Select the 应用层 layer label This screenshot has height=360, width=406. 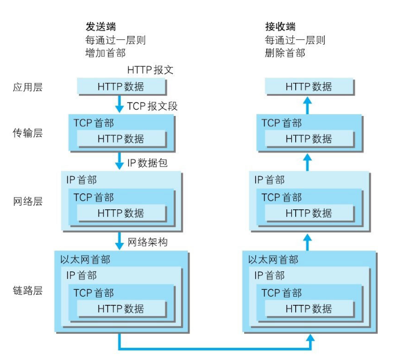click(x=28, y=87)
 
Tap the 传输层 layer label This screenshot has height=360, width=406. click(x=28, y=133)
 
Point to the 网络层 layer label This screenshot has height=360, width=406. click(x=28, y=202)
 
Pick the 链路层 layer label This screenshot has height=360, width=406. click(x=28, y=290)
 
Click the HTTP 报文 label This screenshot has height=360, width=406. click(x=150, y=70)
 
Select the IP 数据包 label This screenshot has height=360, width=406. click(x=147, y=163)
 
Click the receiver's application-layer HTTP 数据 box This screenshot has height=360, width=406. click(x=309, y=87)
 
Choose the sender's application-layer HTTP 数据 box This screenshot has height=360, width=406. click(x=121, y=87)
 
